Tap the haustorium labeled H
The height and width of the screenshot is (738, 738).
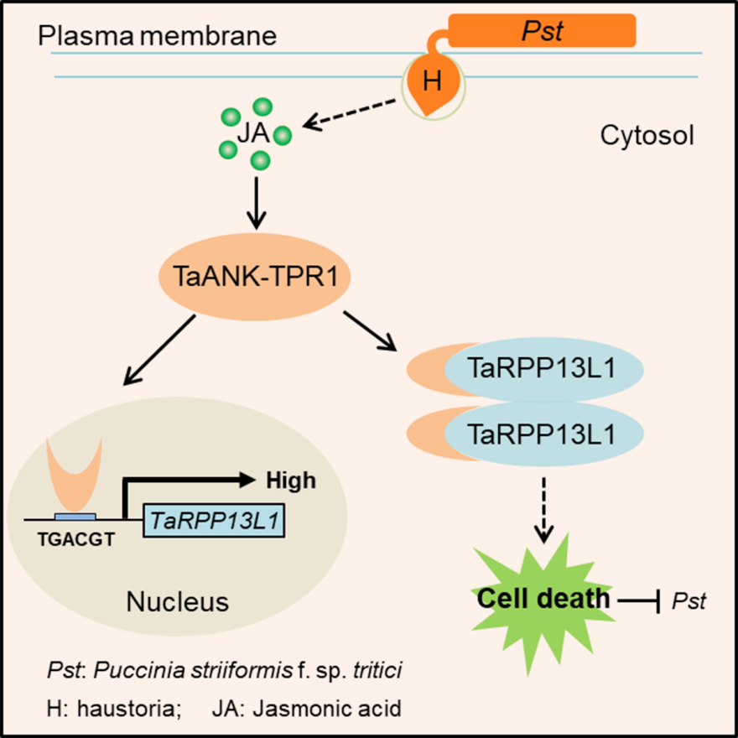point(431,81)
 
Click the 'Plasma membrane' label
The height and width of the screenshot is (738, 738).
point(158,36)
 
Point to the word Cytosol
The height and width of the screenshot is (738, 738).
point(647,135)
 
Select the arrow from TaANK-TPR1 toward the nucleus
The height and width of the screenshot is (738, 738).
point(160,351)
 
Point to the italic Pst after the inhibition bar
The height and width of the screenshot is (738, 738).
point(692,600)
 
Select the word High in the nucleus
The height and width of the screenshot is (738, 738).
point(291,481)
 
